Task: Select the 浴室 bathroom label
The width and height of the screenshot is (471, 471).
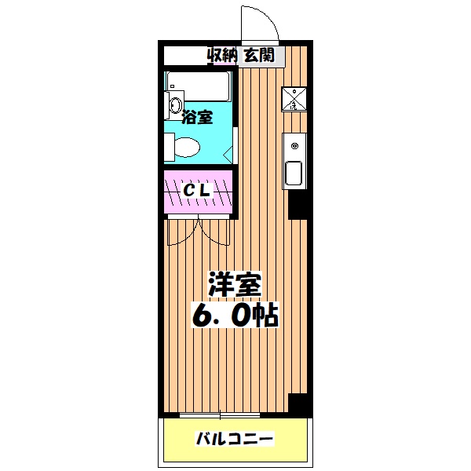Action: point(196,119)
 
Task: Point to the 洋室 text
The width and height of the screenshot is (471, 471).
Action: point(234,284)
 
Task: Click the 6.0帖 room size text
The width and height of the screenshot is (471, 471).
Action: point(234,316)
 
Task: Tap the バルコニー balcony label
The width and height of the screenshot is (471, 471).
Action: point(234,438)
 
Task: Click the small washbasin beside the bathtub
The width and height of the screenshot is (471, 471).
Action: point(173,104)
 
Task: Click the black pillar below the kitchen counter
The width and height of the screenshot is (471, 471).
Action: point(298,205)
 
